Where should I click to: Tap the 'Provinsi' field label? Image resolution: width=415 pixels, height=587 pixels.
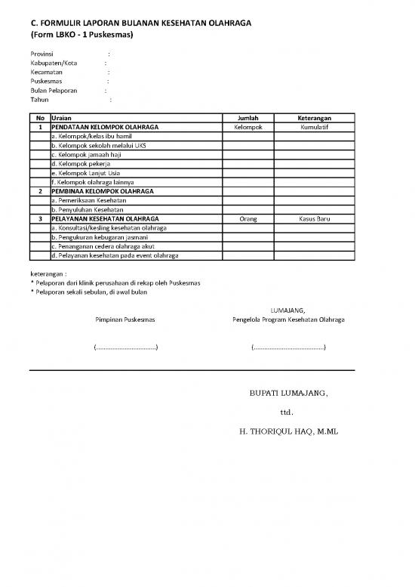click(41, 54)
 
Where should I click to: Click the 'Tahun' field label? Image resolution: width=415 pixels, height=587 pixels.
click(38, 100)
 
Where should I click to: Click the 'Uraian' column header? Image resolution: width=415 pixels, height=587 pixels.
click(62, 119)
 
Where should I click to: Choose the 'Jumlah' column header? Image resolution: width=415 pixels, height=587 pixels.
click(247, 119)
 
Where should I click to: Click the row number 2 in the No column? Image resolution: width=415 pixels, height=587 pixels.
click(39, 191)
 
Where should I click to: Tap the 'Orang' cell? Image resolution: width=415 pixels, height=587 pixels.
click(247, 218)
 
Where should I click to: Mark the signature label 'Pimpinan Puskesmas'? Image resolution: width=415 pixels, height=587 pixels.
click(125, 320)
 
